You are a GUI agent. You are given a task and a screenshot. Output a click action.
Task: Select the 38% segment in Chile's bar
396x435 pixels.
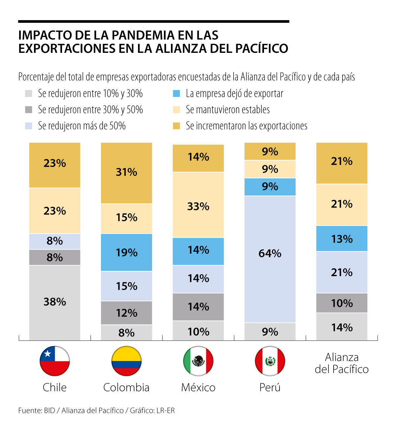(x=55, y=302)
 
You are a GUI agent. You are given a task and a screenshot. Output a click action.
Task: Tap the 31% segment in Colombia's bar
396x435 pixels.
(x=126, y=173)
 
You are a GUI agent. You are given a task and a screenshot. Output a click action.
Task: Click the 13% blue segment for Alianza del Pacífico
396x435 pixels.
(x=342, y=238)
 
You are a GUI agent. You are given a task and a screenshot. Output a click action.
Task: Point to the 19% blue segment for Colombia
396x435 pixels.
(x=126, y=252)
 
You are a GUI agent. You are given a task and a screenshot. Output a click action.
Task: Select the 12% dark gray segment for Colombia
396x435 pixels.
(x=126, y=312)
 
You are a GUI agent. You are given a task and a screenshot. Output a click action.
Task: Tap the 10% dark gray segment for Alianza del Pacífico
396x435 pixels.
(x=342, y=303)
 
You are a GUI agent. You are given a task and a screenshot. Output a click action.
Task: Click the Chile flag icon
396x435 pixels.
(x=55, y=361)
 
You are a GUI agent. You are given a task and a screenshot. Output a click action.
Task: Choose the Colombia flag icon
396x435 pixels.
(x=126, y=361)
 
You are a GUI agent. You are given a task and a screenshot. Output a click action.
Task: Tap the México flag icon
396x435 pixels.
(x=198, y=361)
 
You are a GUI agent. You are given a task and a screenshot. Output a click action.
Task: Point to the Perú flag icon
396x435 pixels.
(x=270, y=361)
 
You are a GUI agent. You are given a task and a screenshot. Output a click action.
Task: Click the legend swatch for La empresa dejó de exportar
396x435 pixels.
(x=177, y=93)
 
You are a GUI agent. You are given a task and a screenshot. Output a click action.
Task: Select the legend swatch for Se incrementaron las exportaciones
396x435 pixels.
(x=177, y=126)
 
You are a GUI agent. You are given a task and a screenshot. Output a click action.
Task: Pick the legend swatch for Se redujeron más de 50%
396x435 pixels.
(x=29, y=126)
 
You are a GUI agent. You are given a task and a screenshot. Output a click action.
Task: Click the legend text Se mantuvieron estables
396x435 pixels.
(x=228, y=110)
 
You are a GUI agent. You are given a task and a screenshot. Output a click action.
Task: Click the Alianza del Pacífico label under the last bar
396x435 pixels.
(x=342, y=363)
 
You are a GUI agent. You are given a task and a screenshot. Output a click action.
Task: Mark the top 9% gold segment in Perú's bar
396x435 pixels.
(x=270, y=151)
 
